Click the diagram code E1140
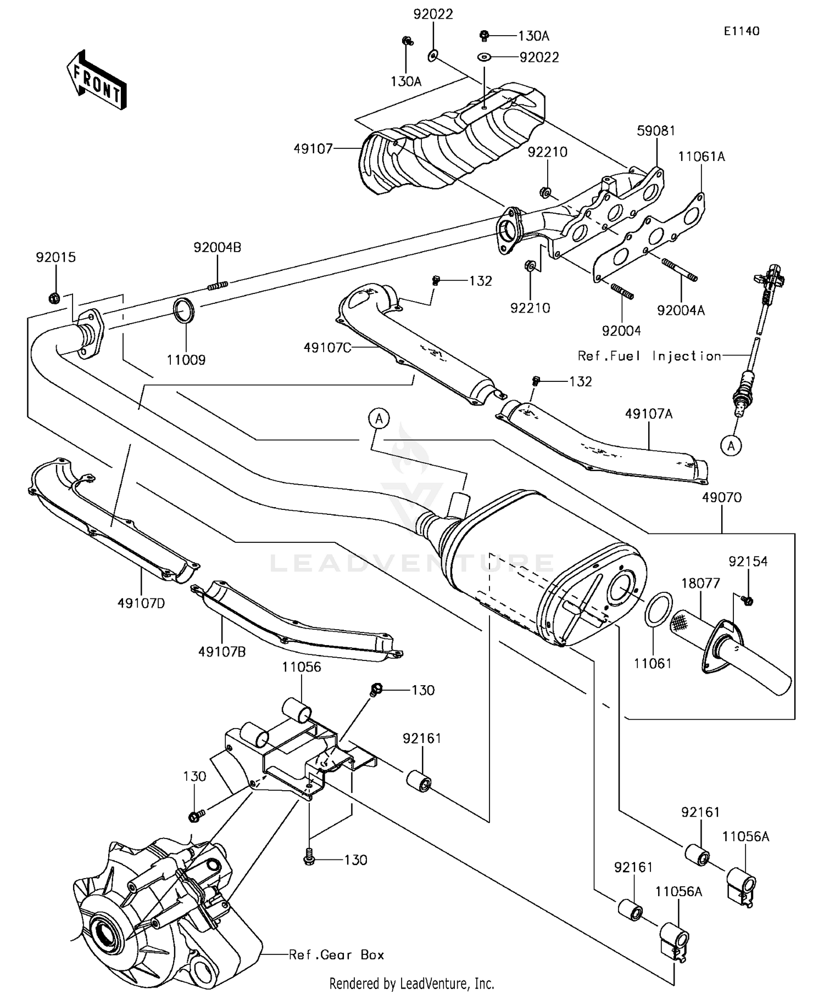click(741, 31)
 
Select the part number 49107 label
click(313, 148)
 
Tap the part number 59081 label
click(656, 131)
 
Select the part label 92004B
click(217, 247)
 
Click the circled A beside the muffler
click(379, 419)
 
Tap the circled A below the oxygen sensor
click(731, 446)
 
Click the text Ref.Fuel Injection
click(649, 356)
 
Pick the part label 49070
click(721, 497)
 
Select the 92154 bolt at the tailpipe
click(747, 600)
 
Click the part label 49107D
click(141, 603)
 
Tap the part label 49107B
click(222, 652)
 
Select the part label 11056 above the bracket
click(302, 667)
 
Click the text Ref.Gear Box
click(337, 955)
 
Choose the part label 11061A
click(701, 157)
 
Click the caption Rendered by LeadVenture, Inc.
click(411, 983)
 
